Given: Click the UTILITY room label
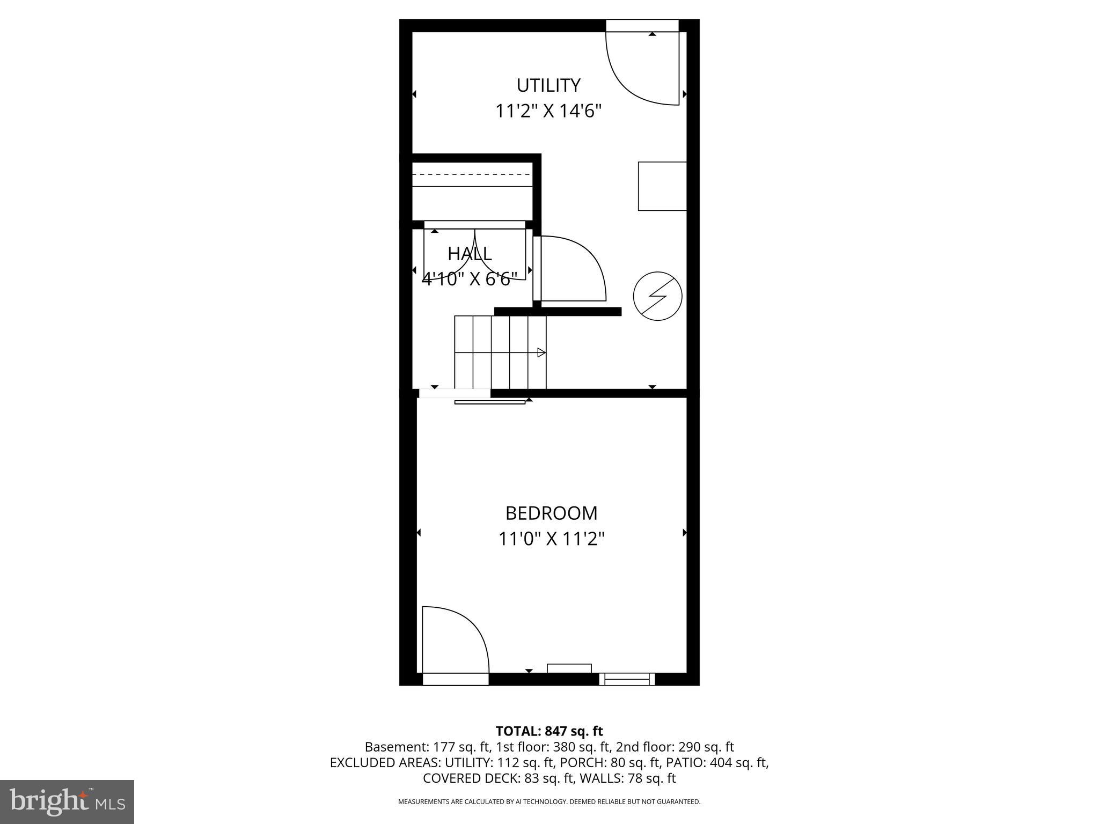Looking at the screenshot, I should (548, 86).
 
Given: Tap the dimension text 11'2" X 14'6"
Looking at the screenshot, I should (548, 112).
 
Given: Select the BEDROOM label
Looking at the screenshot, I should (551, 513).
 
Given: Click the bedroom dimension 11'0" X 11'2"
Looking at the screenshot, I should (551, 539).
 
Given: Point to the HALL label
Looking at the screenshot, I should (470, 253).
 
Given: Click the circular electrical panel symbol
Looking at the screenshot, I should (657, 296).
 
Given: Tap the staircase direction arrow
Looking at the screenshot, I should (541, 352).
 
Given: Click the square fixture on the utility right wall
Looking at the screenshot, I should (662, 186).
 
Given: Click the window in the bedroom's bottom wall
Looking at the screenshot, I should (627, 679).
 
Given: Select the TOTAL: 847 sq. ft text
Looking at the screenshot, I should (549, 731).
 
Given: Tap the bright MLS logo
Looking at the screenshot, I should (67, 801).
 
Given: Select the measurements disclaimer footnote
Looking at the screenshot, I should (549, 801).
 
